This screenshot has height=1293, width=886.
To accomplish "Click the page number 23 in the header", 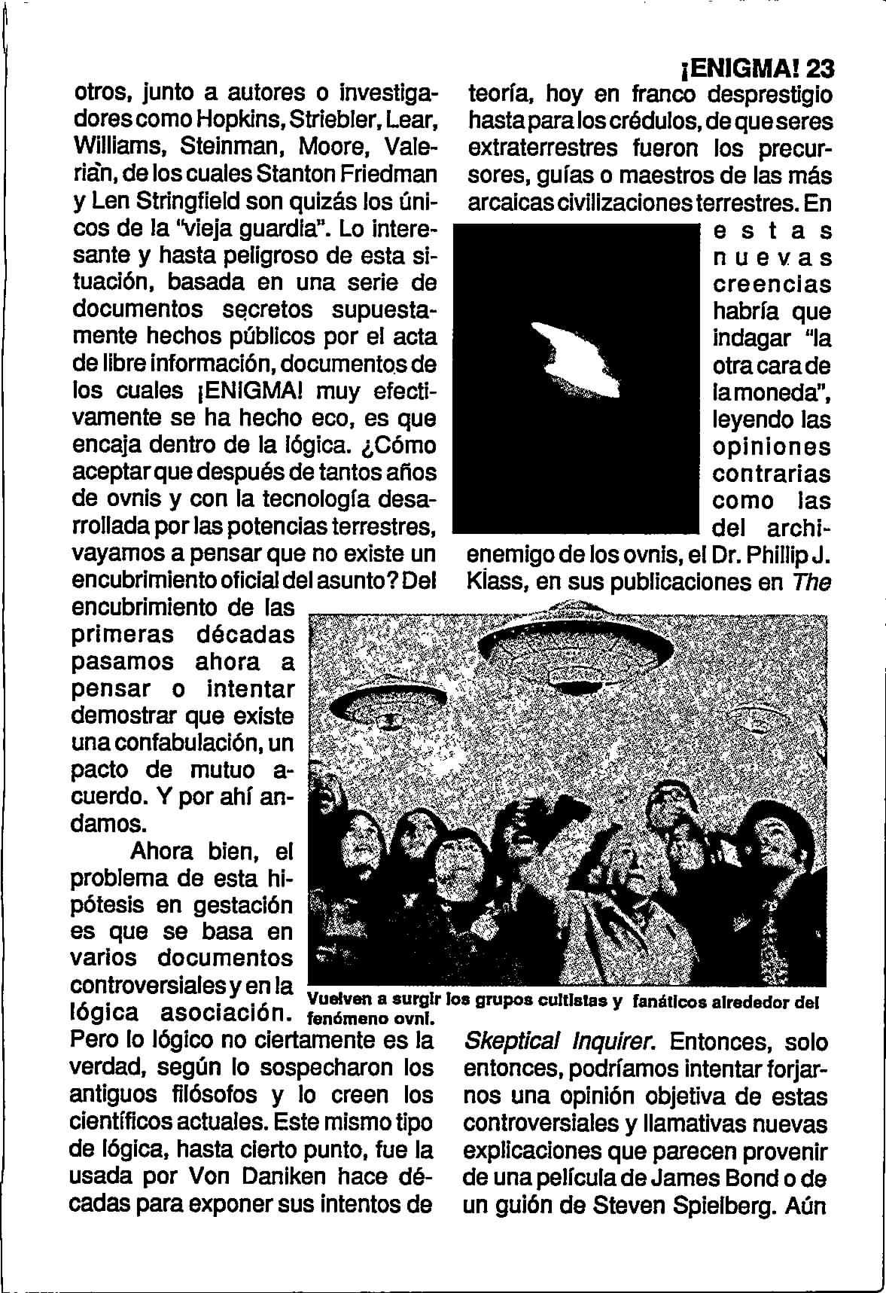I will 819,69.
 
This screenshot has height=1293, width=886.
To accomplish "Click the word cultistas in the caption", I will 573,1002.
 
